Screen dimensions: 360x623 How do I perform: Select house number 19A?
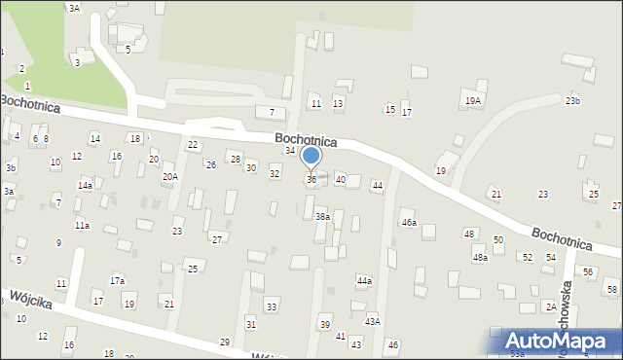pos(472,100)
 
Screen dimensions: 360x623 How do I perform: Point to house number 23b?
pos(572,101)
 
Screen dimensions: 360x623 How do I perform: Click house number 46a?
pos(409,223)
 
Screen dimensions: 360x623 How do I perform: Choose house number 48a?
pos(480,258)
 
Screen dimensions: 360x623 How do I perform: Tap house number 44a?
pos(364,281)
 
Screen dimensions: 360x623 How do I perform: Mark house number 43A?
pos(372,321)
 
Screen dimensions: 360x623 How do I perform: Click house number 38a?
pos(322,217)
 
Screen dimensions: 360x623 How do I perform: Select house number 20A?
pos(170,177)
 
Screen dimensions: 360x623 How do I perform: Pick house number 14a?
pos(86,185)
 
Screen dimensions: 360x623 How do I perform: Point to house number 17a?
pos(117,280)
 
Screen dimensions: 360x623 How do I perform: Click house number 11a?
pos(83,226)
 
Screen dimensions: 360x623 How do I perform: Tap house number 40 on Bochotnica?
pos(341,180)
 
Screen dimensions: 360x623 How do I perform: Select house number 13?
pos(338,103)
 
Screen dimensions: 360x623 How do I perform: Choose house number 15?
pos(390,110)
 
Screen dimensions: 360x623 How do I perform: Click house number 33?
pos(271,307)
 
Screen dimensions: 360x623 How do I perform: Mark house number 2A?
pos(551,306)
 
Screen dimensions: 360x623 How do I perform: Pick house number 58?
pos(612,290)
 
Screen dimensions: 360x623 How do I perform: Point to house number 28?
pos(235,159)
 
